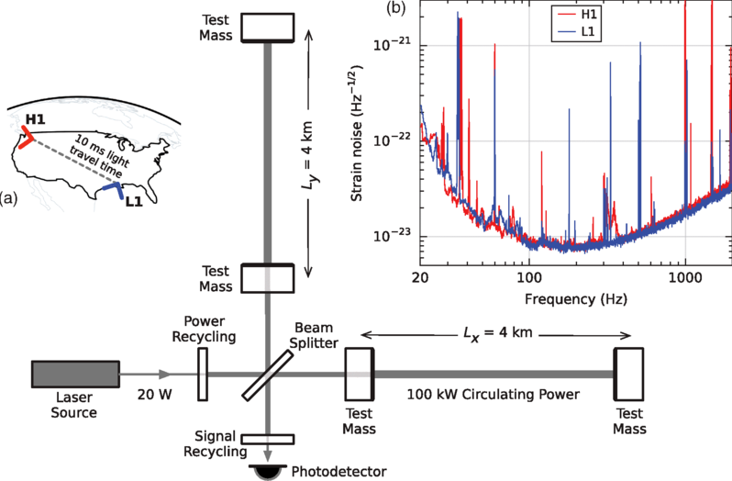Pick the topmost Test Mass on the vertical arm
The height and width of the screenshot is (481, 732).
pyautogui.click(x=266, y=28)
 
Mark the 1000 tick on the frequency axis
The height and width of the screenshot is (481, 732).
pyautogui.click(x=685, y=278)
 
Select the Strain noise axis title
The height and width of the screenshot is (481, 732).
pyautogui.click(x=360, y=137)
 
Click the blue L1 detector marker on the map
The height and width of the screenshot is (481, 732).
pyautogui.click(x=113, y=189)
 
